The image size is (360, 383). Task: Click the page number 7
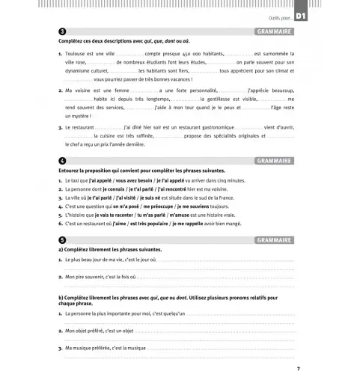297,369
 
